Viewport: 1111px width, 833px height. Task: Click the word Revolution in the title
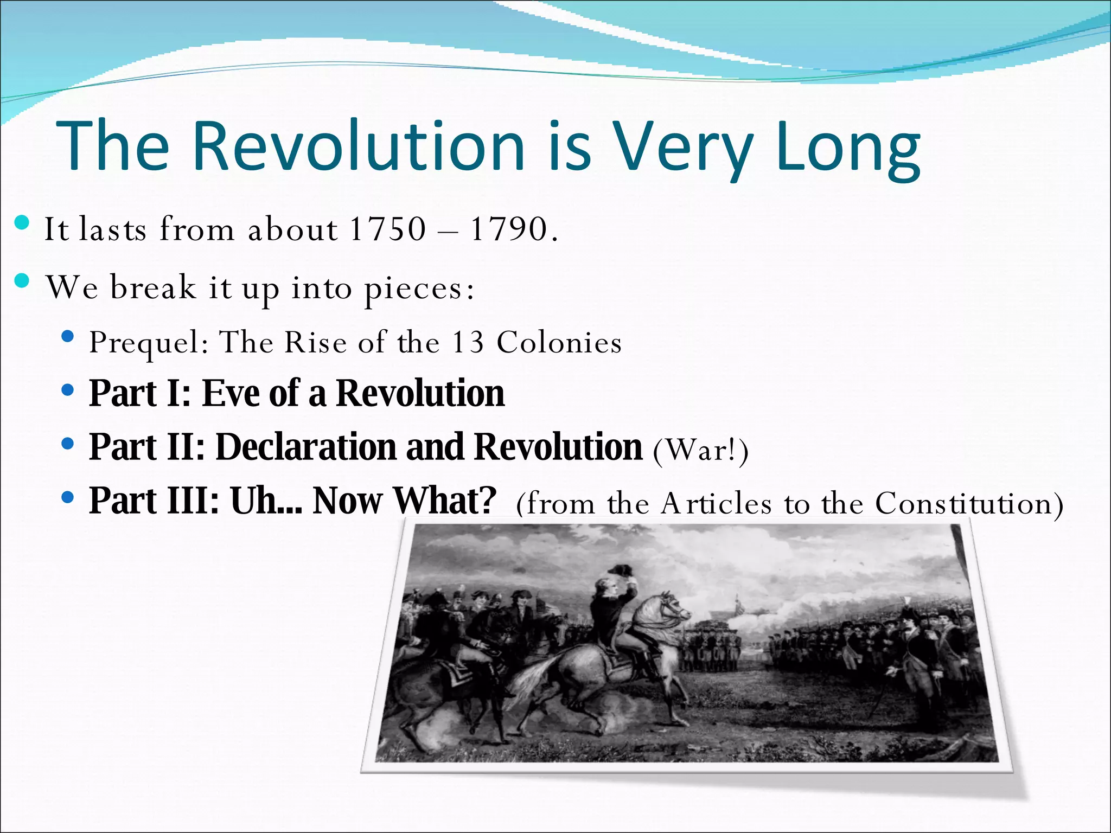point(358,146)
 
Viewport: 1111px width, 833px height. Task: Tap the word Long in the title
point(847,149)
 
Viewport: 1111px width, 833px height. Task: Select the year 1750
point(388,229)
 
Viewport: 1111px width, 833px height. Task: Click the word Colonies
point(559,343)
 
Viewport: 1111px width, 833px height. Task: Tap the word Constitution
point(963,503)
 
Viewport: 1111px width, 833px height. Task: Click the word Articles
point(716,503)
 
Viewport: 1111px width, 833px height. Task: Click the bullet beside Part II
point(68,444)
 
